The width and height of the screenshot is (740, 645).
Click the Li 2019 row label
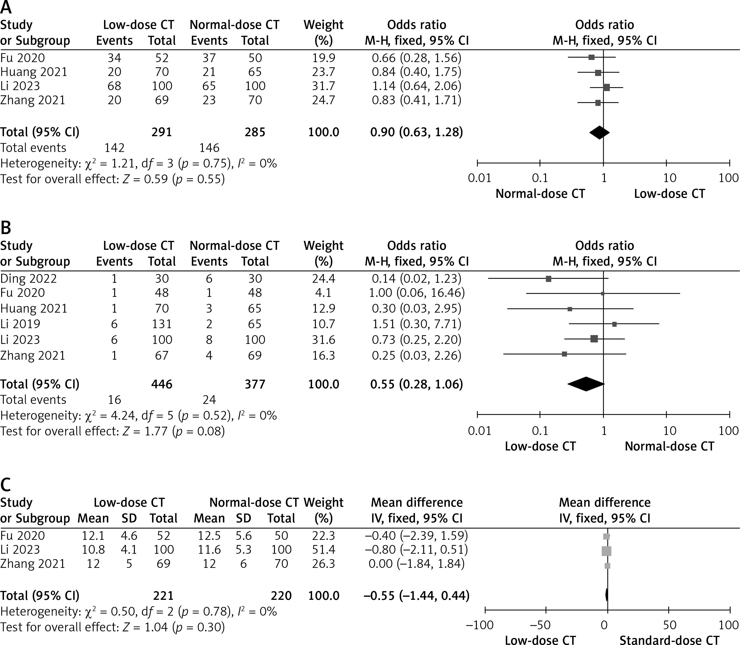click(20, 324)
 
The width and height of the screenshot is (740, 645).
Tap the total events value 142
click(115, 148)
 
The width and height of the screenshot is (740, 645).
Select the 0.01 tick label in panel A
click(479, 178)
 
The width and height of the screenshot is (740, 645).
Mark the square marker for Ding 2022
click(548, 279)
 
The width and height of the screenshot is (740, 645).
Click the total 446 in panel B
click(162, 384)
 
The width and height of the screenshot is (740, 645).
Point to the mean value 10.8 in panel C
click(93, 550)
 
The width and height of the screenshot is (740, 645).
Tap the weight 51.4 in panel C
click(323, 550)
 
